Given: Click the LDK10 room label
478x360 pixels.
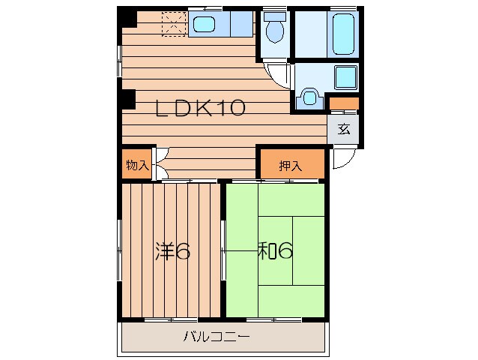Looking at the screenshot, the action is pos(200,108).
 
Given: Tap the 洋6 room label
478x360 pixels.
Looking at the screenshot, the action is pos(173,251).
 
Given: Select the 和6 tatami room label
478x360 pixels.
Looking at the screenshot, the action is pos(275,250).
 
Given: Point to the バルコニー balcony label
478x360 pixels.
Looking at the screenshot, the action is pos(217,337).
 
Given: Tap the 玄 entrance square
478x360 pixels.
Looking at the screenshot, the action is pos(343,129).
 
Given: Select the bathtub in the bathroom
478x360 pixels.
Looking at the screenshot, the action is pos(344,34).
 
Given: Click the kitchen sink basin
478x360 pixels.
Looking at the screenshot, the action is pos(205,25).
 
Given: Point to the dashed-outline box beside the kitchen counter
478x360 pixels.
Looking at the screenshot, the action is pos(174,24).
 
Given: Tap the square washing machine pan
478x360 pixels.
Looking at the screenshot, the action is pos(345,77).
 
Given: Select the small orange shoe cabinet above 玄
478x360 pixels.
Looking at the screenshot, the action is pos(344,103).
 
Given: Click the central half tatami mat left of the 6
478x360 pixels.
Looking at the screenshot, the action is pos(276,250).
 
